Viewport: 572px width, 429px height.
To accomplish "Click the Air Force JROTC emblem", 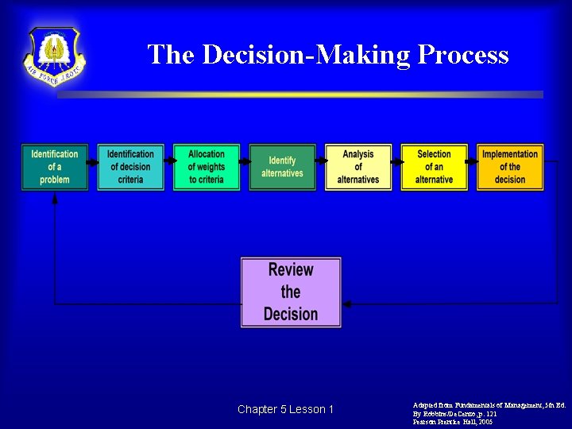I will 54,56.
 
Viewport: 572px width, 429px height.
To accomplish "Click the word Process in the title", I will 462,54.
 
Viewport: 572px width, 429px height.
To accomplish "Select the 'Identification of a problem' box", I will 55,167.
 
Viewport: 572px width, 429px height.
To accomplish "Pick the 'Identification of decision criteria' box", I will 130,167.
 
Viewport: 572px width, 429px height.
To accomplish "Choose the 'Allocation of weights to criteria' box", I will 207,167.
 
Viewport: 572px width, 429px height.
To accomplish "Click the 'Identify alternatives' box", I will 282,167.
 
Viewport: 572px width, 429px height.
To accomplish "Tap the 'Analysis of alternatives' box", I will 358,167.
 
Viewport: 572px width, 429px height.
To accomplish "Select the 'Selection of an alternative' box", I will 434,167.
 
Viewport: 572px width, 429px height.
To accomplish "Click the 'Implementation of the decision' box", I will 510,167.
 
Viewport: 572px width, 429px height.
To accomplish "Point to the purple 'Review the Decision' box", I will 291,292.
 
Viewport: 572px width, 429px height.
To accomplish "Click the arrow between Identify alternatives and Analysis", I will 320,161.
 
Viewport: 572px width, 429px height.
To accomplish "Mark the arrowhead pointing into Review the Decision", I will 347,303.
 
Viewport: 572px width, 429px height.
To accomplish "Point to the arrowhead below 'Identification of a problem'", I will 55,199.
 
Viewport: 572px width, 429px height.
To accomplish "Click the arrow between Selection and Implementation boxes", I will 472,161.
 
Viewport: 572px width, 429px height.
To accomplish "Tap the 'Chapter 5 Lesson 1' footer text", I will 285,409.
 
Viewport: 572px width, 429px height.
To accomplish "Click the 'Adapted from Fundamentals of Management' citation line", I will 488,405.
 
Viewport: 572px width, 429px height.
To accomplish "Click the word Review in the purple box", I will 291,270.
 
